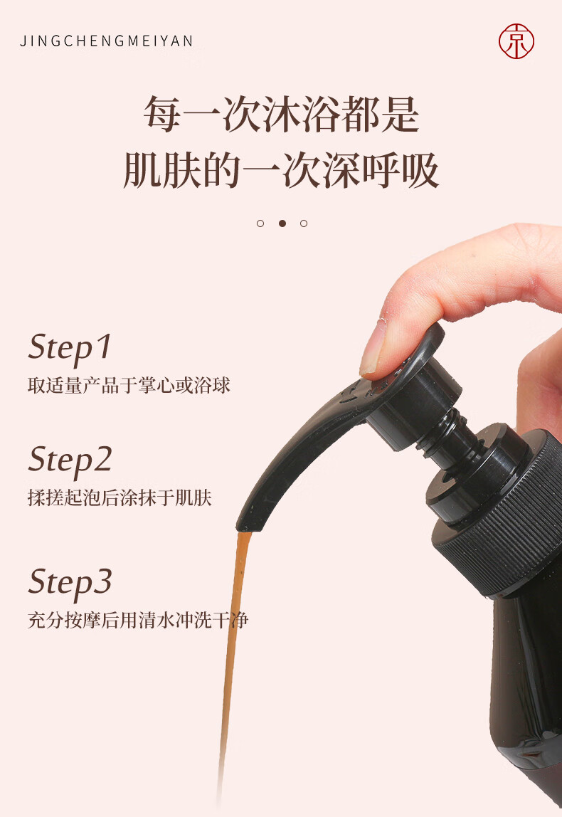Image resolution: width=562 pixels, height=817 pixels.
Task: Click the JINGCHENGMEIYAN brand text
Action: pos(107,41)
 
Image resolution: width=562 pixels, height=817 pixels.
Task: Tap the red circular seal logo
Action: pos(516,41)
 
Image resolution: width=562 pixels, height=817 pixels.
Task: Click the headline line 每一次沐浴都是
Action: pos(281,114)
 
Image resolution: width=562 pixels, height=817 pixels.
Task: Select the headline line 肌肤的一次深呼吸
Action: pos(281,170)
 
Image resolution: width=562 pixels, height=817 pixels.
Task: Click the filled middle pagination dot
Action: pos(282,223)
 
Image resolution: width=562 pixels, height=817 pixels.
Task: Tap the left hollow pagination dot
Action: pos(260,223)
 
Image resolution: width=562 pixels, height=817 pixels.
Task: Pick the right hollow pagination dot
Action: pos(304,223)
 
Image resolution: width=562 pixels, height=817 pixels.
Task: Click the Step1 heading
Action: pos(70,348)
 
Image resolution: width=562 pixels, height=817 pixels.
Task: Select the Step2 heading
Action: pos(70,460)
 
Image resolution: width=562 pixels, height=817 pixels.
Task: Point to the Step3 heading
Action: pos(70,583)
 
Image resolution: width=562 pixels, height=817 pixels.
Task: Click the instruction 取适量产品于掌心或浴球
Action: pos(129,386)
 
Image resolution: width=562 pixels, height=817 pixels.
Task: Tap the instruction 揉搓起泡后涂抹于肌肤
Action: pos(120,497)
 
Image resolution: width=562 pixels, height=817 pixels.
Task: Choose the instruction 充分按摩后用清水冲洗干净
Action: pos(138,620)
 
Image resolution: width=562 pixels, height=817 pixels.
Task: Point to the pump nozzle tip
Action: pos(248,523)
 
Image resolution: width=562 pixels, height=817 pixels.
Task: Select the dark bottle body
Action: pos(526,693)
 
